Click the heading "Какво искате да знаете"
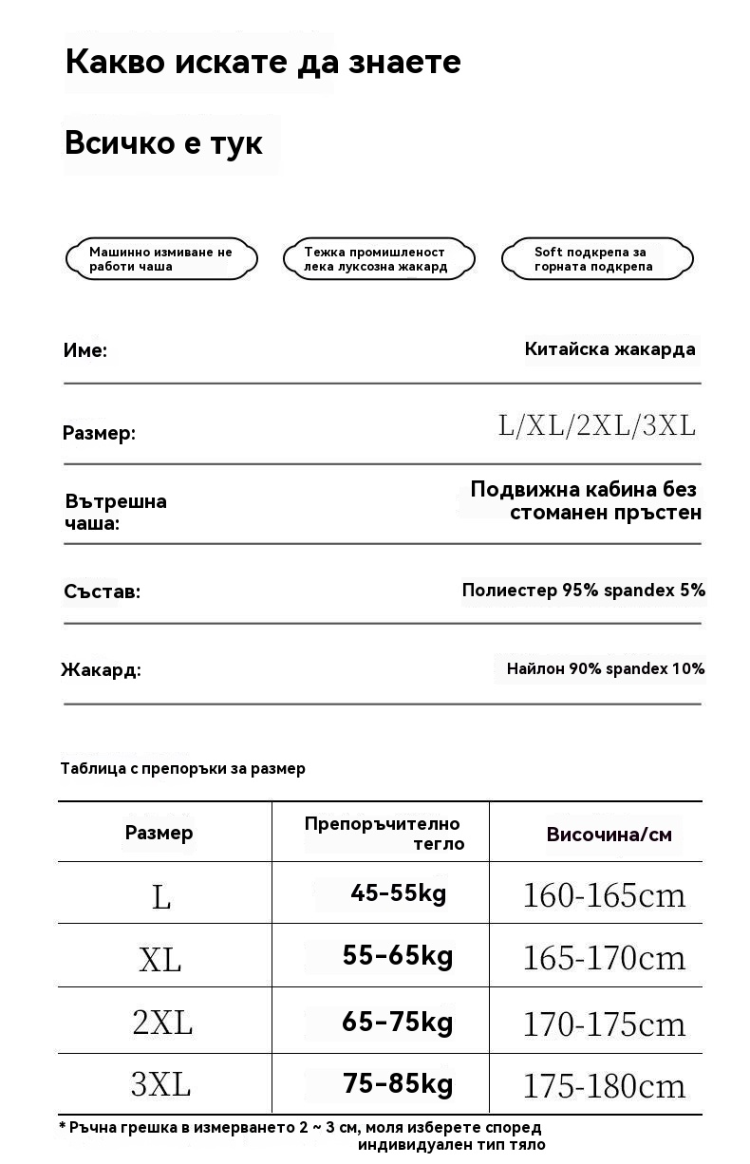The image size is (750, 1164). pos(263,63)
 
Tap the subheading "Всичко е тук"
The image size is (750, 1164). pos(163,143)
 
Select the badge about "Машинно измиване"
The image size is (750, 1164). pos(161,259)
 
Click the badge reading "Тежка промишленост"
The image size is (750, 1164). pos(377,259)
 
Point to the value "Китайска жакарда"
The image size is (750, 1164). pos(609,349)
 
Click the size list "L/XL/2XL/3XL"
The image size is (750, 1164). pos(597,425)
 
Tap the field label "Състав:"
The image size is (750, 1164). pos(102,591)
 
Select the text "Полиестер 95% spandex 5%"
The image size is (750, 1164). pos(583,591)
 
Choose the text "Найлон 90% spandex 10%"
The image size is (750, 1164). pos(605,668)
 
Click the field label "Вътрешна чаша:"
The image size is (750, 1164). pos(115,512)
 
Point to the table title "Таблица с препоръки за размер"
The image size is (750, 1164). pos(183,768)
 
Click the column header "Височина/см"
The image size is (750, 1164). pos(609,835)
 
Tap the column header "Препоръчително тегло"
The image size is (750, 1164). pos(384,834)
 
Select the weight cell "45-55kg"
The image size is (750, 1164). pos(398,893)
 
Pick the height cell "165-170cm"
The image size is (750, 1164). pos(604,958)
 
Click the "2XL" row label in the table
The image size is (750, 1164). pos(162,1023)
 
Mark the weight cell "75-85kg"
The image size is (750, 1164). pos(398,1084)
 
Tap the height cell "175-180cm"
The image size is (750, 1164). pos(604,1086)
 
